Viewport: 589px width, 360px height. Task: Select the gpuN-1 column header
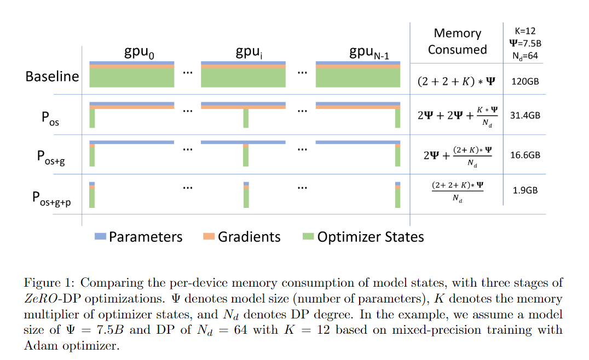(370, 53)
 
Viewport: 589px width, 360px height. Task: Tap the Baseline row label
(52, 76)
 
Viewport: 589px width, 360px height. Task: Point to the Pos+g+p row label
(54, 198)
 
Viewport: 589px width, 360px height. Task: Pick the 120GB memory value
(524, 82)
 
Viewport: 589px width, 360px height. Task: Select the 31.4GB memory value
(524, 116)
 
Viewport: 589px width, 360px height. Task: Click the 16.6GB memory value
(524, 155)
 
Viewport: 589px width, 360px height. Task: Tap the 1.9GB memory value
(524, 190)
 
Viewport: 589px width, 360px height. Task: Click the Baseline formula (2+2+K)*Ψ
(457, 82)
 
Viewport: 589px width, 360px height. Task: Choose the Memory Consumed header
(457, 41)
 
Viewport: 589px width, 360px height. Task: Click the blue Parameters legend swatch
(100, 236)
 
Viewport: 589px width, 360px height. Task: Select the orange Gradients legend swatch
(209, 236)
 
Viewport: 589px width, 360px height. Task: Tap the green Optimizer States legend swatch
(308, 236)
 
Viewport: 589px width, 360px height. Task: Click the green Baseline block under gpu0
(131, 78)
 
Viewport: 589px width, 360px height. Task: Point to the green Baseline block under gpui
(243, 78)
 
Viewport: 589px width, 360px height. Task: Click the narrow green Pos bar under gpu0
(92, 118)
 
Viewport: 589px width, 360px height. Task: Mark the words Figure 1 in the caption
(45, 283)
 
